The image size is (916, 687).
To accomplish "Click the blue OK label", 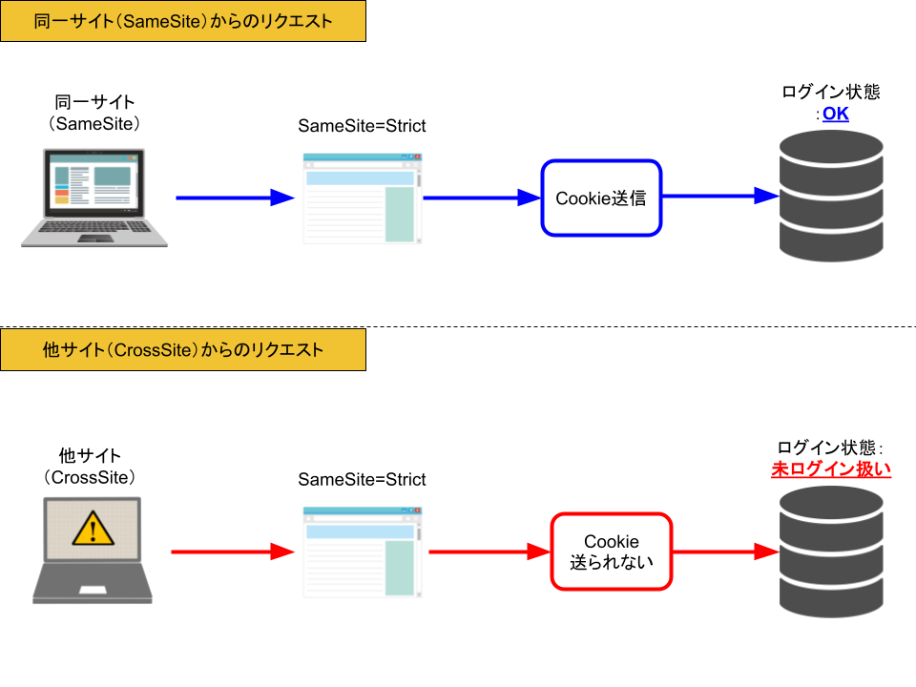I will pos(835,115).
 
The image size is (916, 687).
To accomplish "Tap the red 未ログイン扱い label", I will pos(830,468).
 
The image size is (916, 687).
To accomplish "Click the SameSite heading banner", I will pos(183,21).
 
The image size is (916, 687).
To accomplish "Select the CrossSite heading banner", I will pos(183,349).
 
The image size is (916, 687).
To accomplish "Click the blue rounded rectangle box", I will pos(601,198).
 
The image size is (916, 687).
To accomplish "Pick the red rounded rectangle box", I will pos(612,552).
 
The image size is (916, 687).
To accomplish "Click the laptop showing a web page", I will pos(94,197).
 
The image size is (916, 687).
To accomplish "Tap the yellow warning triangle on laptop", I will pos(93,527).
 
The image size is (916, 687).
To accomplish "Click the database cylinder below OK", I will pos(831,195).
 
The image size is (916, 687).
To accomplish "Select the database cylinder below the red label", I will pos(831,551).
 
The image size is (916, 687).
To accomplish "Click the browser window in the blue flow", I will pos(362,198).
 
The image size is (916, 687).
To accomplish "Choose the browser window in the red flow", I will pos(362,552).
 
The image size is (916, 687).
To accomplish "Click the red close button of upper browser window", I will pos(417,156).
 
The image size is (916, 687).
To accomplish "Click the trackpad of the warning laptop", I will pos(93,590).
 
